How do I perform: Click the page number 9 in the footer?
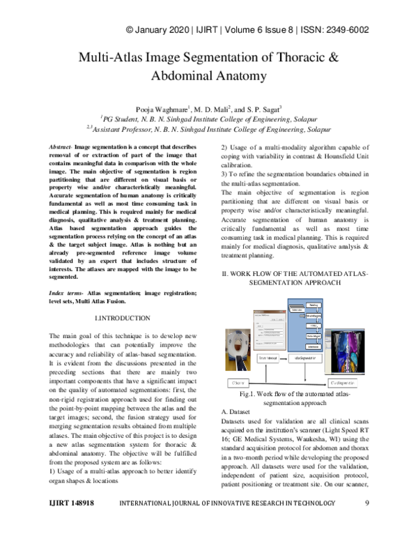[x=366, y=521]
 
